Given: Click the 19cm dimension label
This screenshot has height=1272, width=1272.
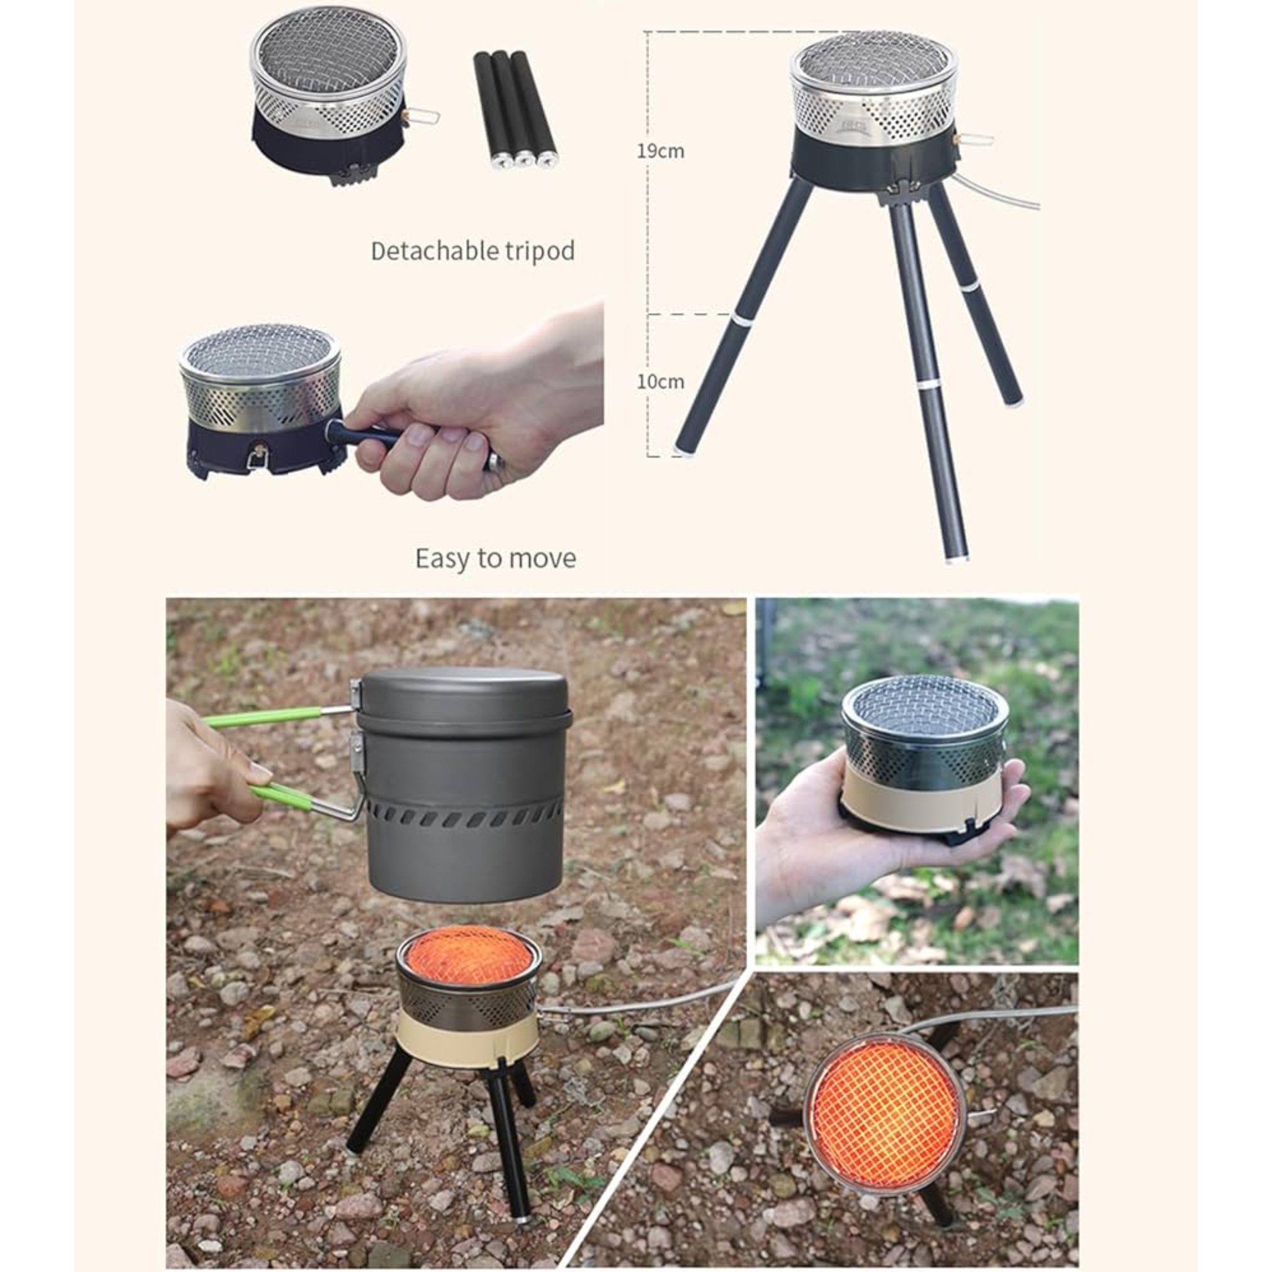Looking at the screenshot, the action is [x=660, y=152].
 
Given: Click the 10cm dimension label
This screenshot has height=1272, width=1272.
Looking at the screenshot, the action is [x=660, y=381].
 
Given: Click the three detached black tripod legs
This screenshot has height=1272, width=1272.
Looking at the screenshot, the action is [x=515, y=110].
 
